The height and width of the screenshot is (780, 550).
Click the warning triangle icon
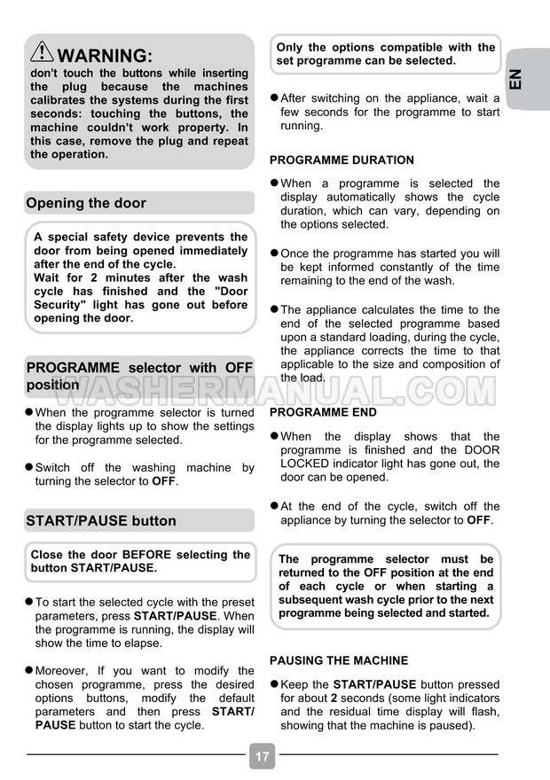42,52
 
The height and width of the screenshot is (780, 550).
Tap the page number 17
262,757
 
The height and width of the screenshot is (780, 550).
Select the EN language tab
521,77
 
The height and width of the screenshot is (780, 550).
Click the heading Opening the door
86,203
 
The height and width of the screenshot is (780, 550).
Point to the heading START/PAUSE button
101,520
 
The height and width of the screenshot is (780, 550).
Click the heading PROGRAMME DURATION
342,160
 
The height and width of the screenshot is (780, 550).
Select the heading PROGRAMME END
323,412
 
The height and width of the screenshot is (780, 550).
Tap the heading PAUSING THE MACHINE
339,660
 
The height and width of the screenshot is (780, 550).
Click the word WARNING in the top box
105,55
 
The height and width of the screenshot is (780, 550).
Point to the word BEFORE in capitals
146,555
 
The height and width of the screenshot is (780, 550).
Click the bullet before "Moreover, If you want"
29,670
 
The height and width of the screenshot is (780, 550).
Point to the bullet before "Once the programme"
274,253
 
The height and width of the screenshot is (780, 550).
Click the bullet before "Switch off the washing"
29,467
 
